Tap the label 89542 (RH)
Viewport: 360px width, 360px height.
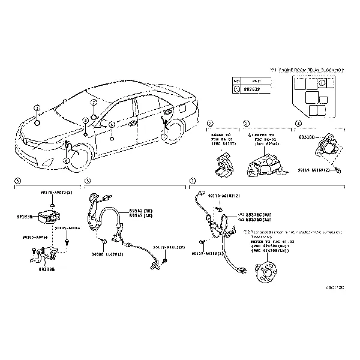point(142,211)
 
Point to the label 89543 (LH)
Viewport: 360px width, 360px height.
point(142,215)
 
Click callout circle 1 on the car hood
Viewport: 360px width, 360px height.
point(37,109)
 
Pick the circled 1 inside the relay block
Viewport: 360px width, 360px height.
point(322,83)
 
